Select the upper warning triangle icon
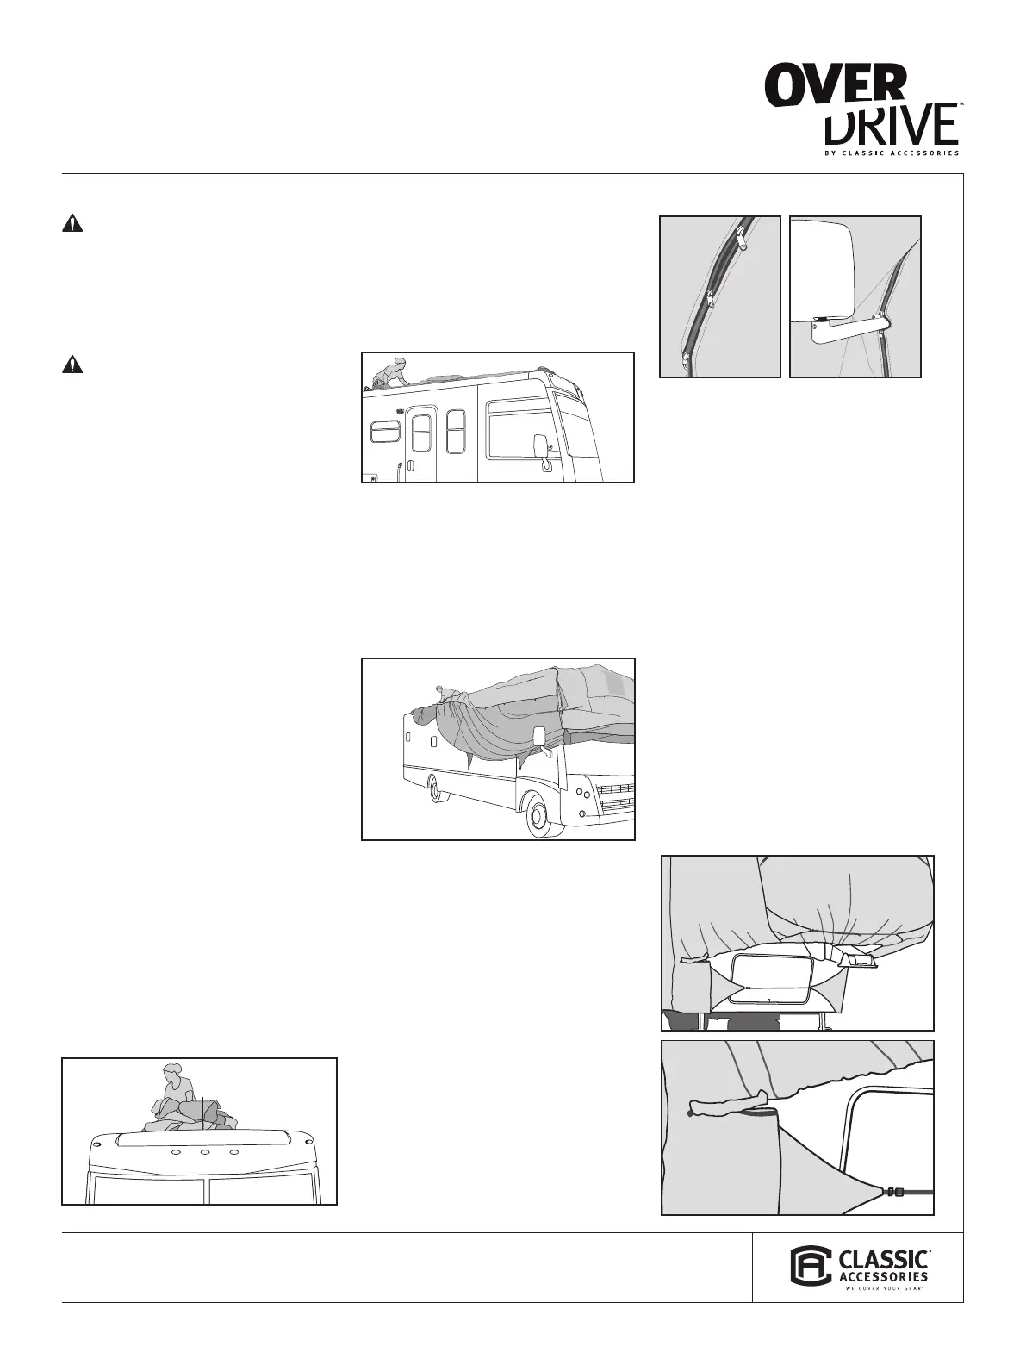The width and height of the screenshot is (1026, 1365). (72, 224)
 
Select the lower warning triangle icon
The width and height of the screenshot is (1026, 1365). (72, 365)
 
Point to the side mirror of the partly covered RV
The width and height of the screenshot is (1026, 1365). (540, 737)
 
